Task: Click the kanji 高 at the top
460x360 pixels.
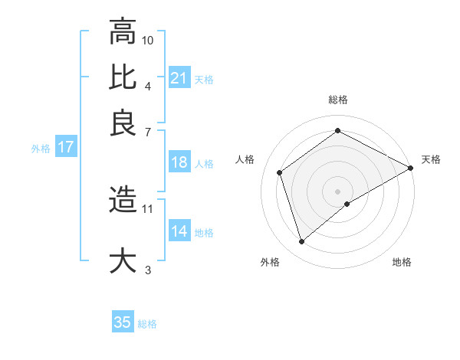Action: [x=123, y=32]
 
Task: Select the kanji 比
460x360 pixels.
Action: [x=123, y=77]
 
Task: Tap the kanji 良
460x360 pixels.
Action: [x=123, y=123]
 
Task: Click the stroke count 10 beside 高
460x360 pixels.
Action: [x=148, y=40]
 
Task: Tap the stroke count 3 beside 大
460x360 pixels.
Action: [x=148, y=270]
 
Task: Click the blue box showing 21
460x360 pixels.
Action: [x=179, y=78]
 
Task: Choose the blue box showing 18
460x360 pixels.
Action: [x=179, y=162]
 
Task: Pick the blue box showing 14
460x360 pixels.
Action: [x=179, y=231]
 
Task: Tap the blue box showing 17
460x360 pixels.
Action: [x=65, y=148]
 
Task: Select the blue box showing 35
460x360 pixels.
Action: [x=123, y=322]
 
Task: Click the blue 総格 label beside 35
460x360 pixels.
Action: [x=147, y=324]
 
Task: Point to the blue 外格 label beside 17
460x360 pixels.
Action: [x=40, y=149]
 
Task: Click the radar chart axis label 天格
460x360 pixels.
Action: [x=431, y=159]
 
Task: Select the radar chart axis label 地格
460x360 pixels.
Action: [x=402, y=263]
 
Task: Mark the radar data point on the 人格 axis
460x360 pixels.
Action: [x=280, y=172]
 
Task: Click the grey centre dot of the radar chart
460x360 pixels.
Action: [x=338, y=191]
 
